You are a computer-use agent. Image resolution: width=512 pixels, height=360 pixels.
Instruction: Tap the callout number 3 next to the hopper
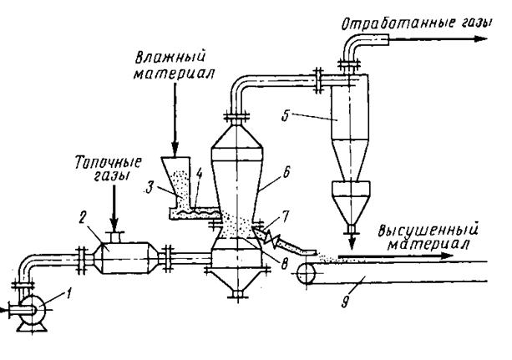(150, 189)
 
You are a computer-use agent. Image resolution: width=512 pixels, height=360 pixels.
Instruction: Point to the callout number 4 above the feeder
(199, 174)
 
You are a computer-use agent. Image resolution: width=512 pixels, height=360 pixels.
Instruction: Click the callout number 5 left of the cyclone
(286, 116)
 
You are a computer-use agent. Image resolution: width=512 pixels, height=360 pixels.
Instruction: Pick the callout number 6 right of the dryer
(286, 173)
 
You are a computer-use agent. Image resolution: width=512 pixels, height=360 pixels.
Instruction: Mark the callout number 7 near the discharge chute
(286, 216)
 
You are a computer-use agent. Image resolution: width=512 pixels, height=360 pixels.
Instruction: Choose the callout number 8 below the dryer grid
(285, 263)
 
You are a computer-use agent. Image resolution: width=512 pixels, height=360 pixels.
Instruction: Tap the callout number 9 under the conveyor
(345, 302)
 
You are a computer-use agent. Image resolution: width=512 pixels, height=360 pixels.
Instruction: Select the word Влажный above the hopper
(170, 57)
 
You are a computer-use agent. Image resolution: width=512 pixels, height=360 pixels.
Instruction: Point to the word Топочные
(109, 162)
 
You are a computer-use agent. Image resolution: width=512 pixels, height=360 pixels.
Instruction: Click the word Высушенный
(428, 230)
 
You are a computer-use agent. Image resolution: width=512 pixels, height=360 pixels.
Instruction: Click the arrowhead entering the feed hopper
(175, 150)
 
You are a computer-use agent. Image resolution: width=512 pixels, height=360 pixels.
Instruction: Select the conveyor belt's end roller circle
(307, 273)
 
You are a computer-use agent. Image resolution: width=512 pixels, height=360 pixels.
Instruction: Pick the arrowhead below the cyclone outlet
(352, 243)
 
